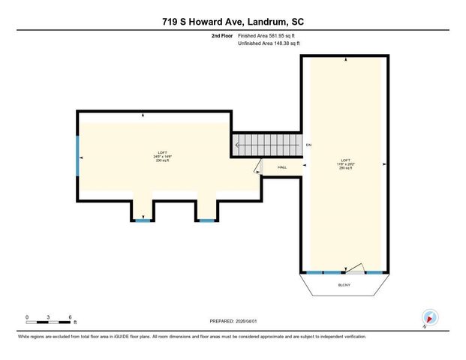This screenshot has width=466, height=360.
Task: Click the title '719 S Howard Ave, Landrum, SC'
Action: coord(233,23)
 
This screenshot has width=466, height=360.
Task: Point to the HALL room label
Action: coord(282,167)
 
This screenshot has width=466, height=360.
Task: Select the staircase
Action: coord(266,145)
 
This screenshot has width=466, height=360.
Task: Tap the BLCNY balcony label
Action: coord(344,286)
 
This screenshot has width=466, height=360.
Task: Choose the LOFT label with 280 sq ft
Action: coord(345,163)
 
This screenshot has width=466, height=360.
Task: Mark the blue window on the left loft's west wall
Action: coord(77,155)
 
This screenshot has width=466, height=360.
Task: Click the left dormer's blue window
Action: coord(143,220)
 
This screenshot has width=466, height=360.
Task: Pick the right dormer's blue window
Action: coord(206,220)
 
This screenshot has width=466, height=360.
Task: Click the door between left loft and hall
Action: coord(257,166)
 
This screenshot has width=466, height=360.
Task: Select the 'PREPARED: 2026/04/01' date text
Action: coord(233,322)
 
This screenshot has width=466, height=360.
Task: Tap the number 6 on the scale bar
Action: coord(70,316)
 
